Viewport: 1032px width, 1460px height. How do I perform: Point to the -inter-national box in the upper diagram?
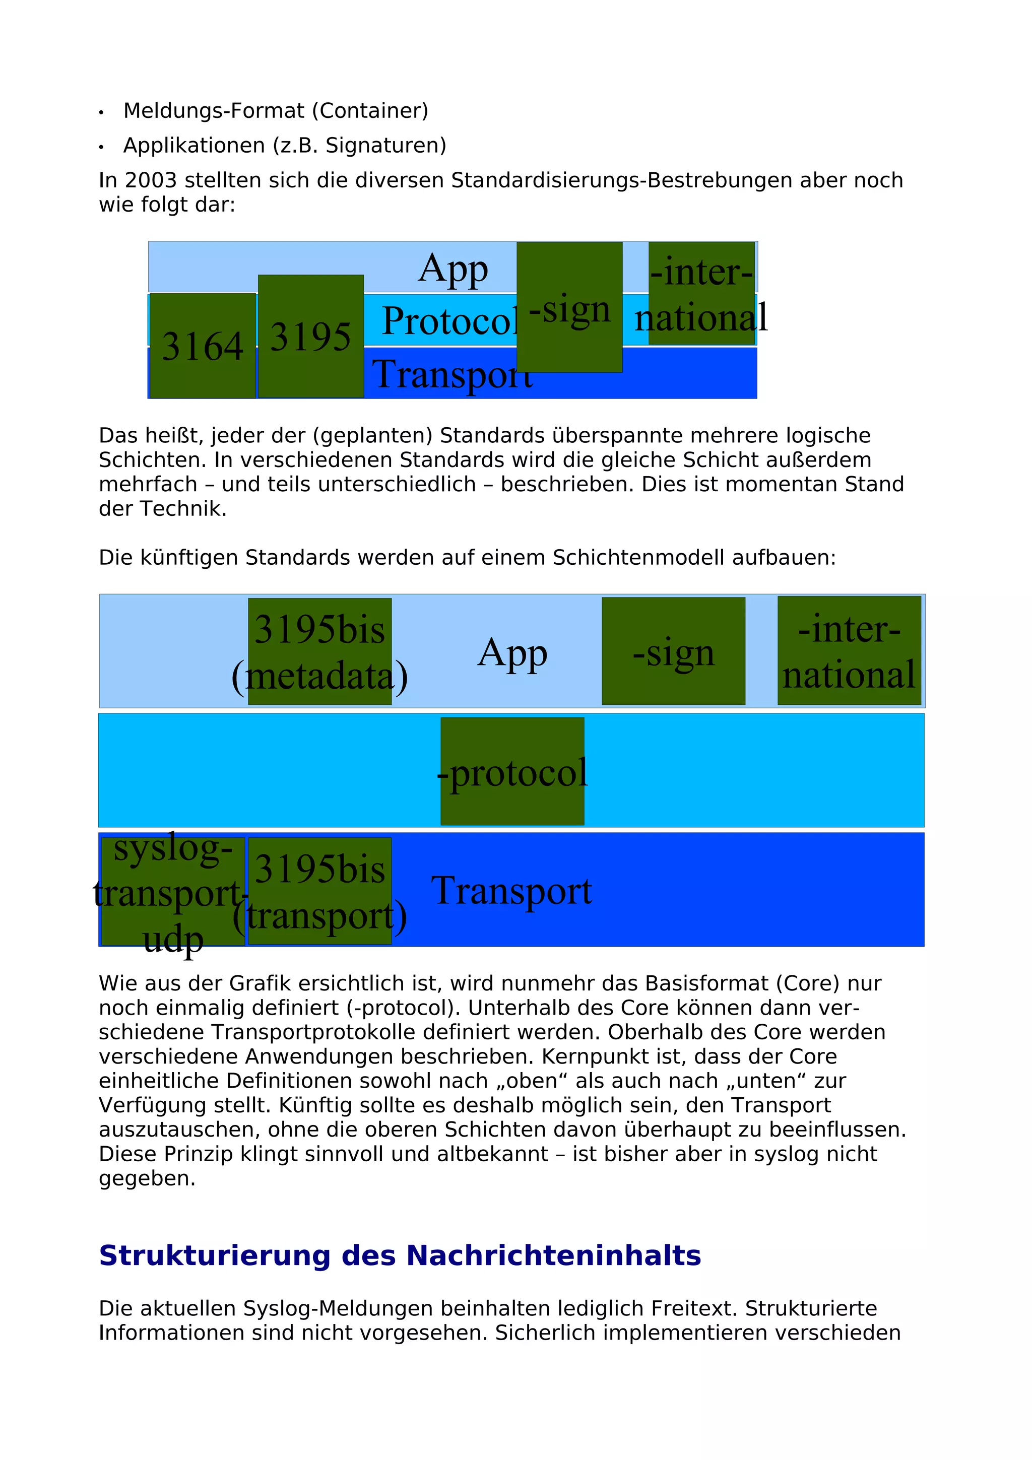[x=701, y=293]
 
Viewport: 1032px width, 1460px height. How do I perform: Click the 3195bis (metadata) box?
[x=320, y=651]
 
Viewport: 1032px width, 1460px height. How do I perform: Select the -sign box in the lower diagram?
[x=673, y=651]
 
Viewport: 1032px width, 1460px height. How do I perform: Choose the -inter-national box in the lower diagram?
[x=849, y=650]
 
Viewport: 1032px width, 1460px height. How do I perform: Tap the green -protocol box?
[x=512, y=771]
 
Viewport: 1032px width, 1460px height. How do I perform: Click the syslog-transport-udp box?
[x=173, y=891]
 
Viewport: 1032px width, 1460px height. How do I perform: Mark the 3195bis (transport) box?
[x=320, y=891]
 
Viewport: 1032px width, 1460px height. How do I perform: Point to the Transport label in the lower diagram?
[x=512, y=890]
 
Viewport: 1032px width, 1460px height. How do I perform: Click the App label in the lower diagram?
[x=512, y=652]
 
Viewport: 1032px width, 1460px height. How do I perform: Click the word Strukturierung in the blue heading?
[x=214, y=1256]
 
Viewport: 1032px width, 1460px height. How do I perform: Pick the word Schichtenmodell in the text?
[x=639, y=558]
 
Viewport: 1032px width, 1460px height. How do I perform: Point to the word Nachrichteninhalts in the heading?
[x=553, y=1256]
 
